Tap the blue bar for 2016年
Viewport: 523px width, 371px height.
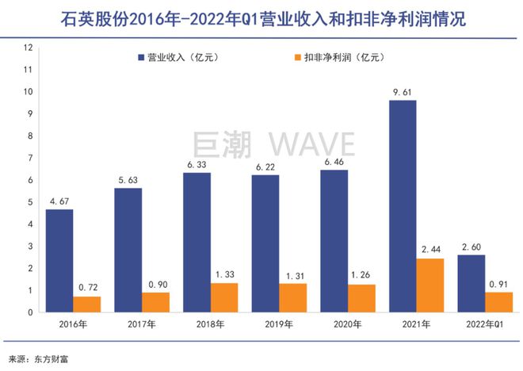(59, 261)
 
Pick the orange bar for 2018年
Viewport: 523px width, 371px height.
(224, 297)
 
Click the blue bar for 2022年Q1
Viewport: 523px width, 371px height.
(472, 283)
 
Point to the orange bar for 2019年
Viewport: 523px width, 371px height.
(293, 297)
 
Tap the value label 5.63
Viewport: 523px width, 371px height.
(128, 179)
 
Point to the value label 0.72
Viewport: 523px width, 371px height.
(87, 288)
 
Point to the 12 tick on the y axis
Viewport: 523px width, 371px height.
(29, 48)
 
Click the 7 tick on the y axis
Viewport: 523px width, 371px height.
(30, 158)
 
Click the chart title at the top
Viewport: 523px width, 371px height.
(261, 18)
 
